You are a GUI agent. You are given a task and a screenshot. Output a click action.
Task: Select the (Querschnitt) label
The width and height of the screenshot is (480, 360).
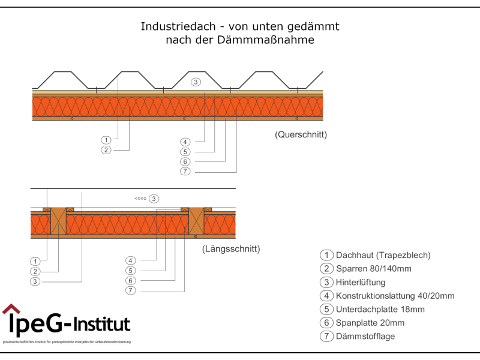(x=301, y=134)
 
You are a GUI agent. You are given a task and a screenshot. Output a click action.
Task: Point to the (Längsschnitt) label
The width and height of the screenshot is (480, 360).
(x=231, y=248)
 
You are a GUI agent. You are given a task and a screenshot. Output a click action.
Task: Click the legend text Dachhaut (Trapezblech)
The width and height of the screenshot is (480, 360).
(x=383, y=255)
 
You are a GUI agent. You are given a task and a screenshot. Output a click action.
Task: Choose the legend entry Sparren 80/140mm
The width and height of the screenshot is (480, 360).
(x=373, y=269)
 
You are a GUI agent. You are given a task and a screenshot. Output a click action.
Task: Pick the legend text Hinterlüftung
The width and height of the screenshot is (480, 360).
(x=361, y=282)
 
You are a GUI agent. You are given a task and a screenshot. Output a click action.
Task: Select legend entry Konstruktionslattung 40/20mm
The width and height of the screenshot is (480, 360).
(x=395, y=296)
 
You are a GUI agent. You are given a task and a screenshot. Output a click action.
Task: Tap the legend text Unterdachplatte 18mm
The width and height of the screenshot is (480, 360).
(x=380, y=309)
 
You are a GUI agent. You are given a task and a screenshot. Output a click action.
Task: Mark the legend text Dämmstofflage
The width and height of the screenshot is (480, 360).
(x=365, y=336)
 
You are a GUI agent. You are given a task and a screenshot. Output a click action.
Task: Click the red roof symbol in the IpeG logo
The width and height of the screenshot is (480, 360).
(x=11, y=309)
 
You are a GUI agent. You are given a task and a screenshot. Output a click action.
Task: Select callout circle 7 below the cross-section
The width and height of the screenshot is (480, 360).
(x=185, y=172)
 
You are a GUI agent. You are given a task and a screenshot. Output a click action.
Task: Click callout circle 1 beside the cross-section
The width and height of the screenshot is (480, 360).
(x=106, y=139)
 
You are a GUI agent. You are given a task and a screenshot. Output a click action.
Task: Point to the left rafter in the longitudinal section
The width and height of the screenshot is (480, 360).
(x=58, y=221)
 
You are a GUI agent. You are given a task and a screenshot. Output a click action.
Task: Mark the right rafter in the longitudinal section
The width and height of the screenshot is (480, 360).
(x=197, y=221)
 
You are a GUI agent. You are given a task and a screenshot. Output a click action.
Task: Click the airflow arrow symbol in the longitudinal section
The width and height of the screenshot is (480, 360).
(x=140, y=199)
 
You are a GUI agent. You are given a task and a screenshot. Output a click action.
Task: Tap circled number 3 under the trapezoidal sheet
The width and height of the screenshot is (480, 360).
(x=196, y=82)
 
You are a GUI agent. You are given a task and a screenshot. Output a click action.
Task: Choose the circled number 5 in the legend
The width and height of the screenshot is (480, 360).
(x=327, y=310)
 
